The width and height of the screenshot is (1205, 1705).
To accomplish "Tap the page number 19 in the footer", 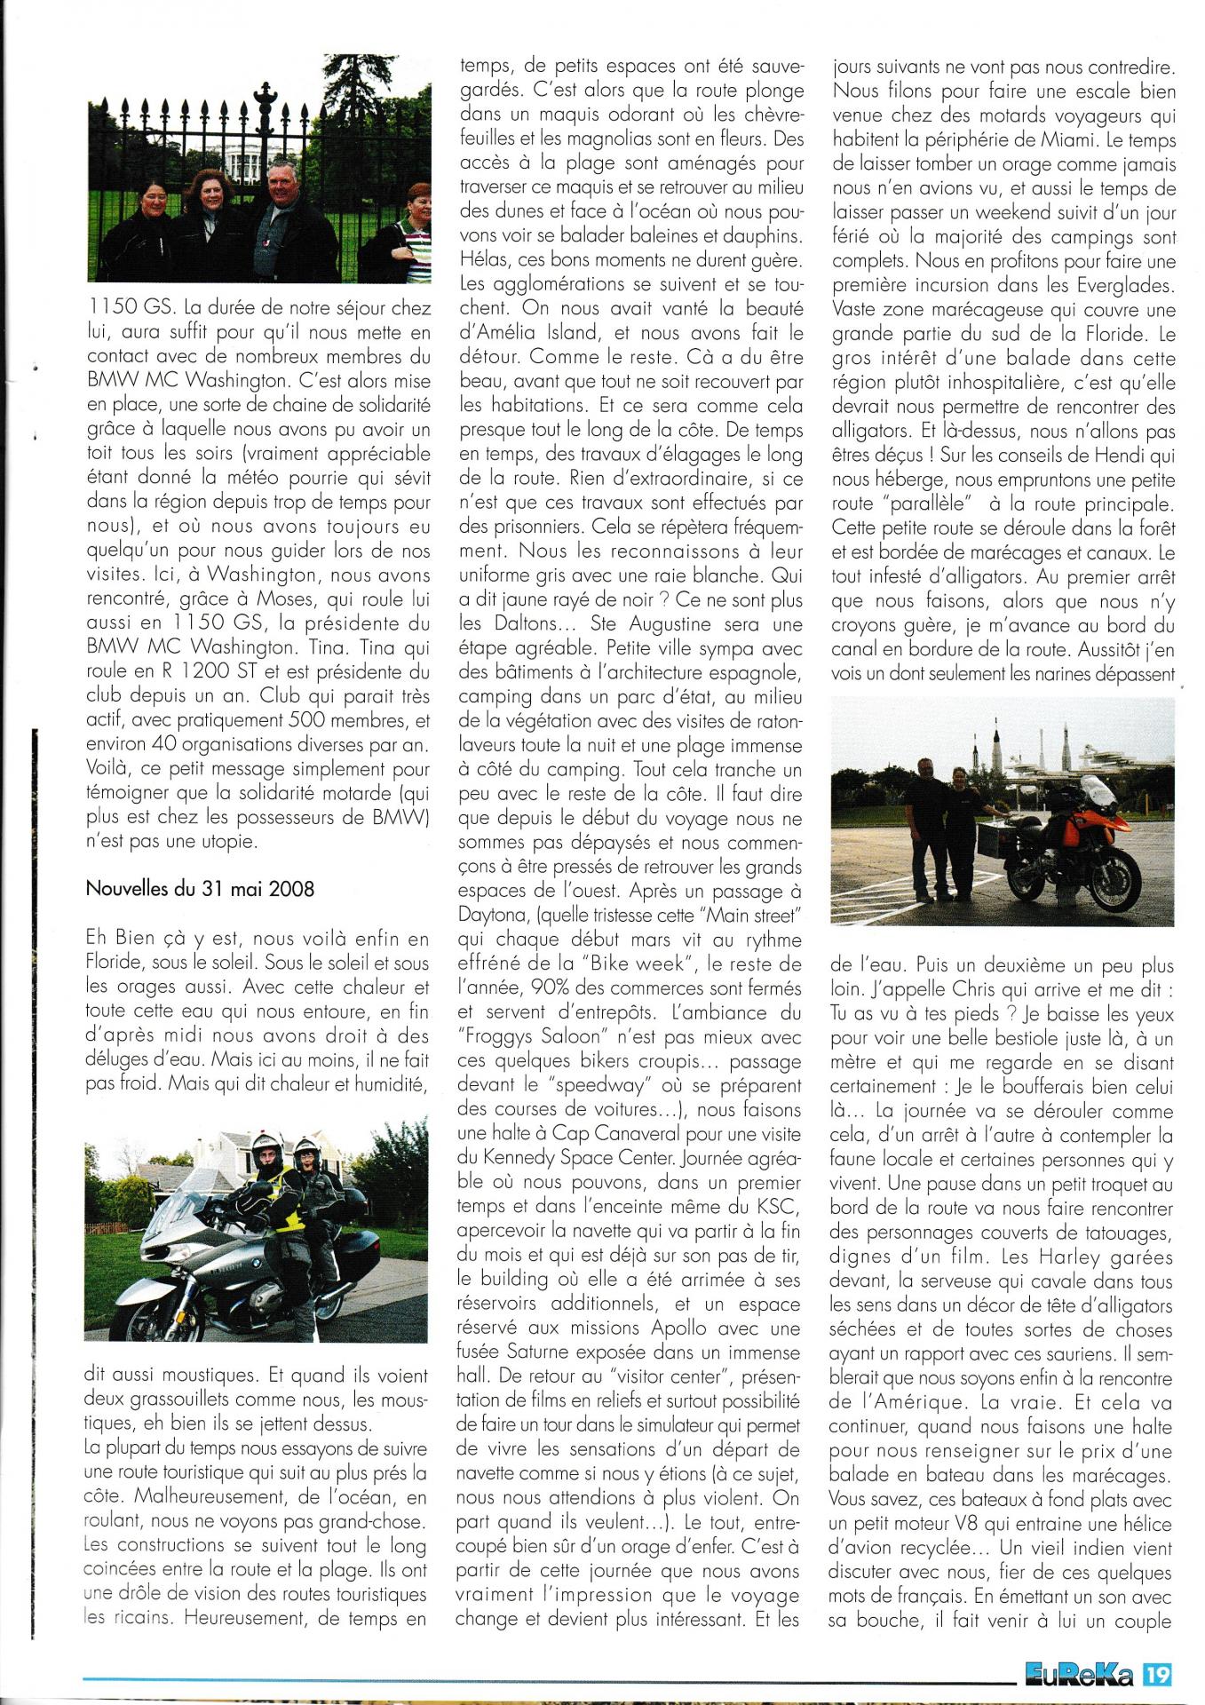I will pos(1159,1675).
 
